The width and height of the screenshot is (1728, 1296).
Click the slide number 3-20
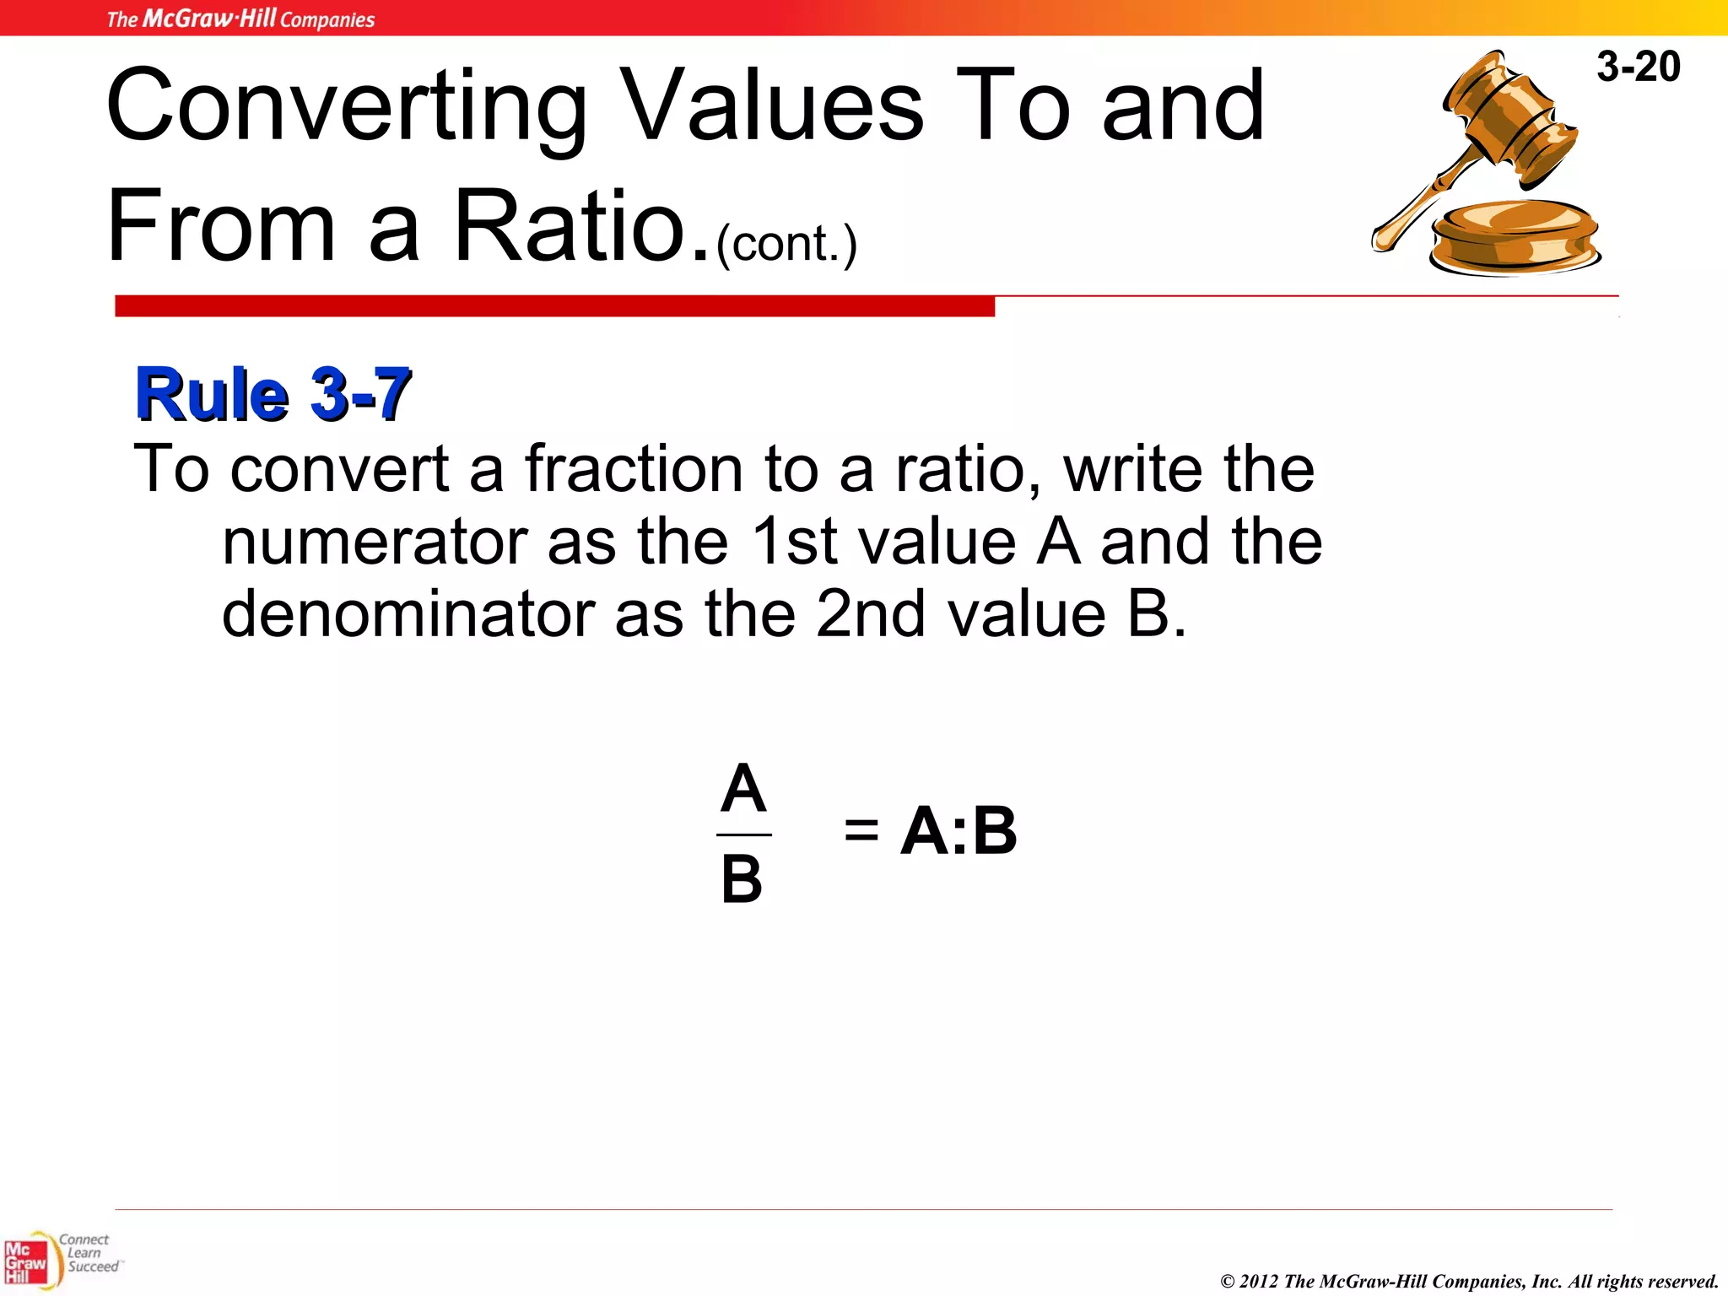pos(1638,67)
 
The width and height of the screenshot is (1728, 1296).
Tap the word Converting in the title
pos(346,107)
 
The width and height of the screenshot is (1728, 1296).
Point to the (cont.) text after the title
pos(786,244)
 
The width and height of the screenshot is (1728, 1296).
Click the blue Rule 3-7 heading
pos(273,394)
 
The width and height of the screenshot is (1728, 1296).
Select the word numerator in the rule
pos(375,542)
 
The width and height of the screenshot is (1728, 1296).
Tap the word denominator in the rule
pos(408,614)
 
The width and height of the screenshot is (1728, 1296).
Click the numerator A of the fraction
pos(743,788)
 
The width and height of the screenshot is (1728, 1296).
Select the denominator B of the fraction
pos(742,879)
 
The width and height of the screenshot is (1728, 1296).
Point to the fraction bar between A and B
pos(743,834)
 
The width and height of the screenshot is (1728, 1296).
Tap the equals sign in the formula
pos(861,830)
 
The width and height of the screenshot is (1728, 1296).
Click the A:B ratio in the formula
pos(958,830)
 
